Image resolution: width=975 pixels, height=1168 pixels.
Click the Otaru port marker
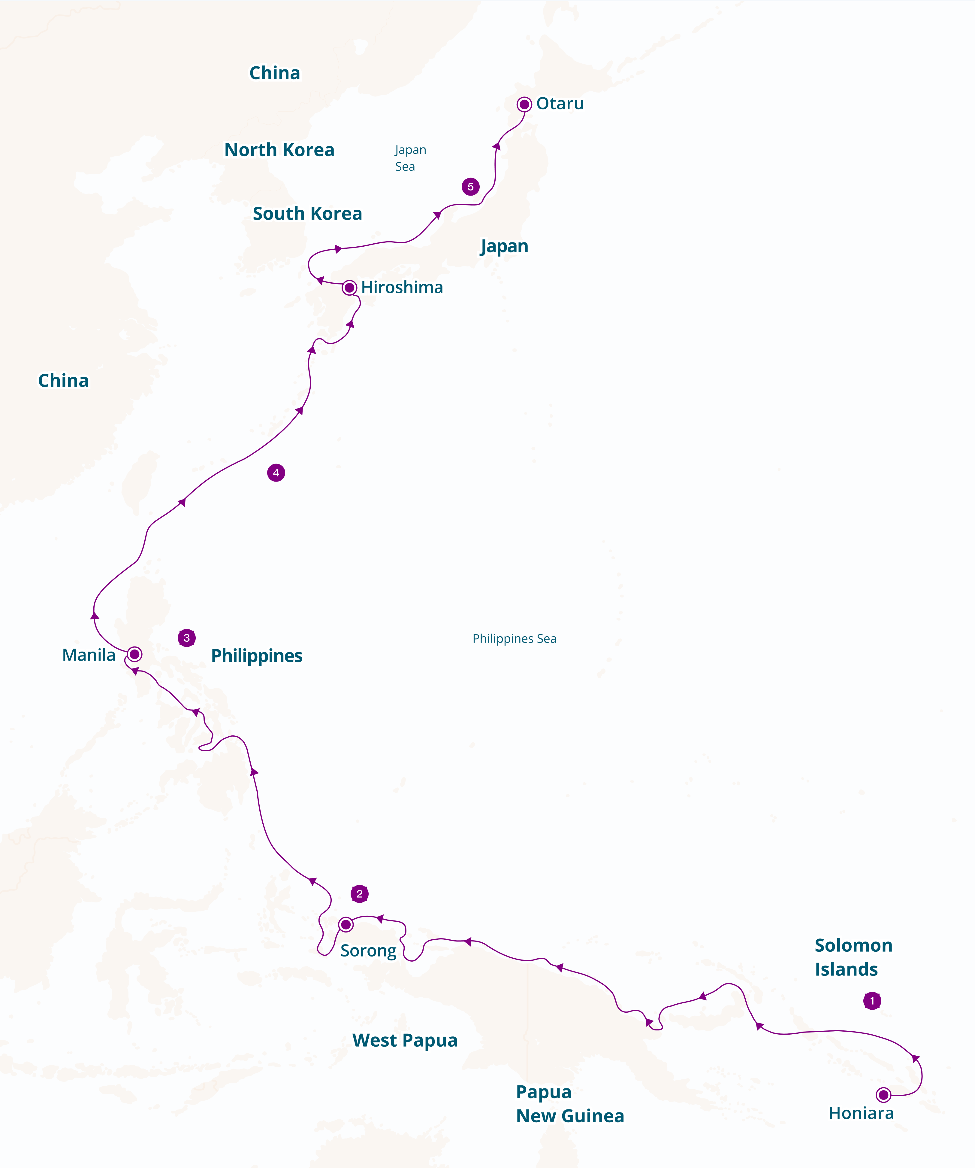(524, 104)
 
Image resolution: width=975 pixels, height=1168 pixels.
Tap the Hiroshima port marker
(349, 287)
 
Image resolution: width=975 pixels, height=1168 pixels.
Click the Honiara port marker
(883, 1095)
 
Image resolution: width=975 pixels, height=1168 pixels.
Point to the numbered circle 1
(872, 1001)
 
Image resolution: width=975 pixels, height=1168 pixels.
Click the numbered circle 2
(360, 894)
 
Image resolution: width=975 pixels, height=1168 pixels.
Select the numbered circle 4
(276, 473)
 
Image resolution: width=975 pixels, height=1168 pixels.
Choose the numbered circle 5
(471, 186)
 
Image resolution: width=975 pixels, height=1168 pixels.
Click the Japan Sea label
(410, 158)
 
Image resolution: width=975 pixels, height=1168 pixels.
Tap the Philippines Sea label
(514, 638)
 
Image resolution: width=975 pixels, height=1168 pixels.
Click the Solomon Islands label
(853, 957)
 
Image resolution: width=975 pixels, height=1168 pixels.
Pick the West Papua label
(405, 1040)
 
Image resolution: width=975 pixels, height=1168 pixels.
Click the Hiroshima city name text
(402, 287)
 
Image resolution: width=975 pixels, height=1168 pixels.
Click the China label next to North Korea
(275, 73)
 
